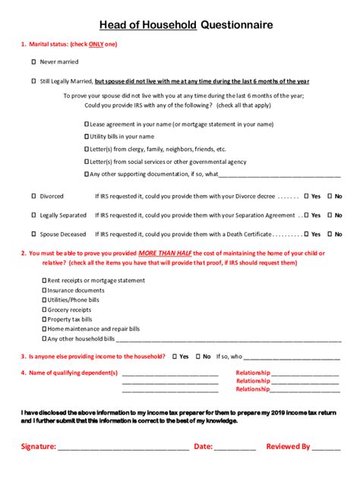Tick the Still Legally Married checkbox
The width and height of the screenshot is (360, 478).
coord(33,80)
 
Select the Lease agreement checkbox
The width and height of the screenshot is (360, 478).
coord(86,123)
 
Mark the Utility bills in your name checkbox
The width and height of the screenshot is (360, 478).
coord(86,136)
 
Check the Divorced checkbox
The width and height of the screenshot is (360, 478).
coord(33,195)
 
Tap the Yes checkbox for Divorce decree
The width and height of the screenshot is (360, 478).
coord(306,195)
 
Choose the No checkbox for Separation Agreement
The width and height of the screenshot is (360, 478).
coord(330,215)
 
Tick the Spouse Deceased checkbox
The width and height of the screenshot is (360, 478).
coord(33,234)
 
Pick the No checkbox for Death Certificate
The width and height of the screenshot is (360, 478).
coord(330,234)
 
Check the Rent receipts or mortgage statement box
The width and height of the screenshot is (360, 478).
coord(43,280)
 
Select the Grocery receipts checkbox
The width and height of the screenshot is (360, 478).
coord(43,310)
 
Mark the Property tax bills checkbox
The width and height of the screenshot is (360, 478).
coord(43,319)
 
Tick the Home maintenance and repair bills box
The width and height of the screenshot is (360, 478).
coord(43,329)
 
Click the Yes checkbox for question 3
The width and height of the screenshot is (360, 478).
coord(175,356)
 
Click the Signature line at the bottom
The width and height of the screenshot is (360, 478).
coord(123,448)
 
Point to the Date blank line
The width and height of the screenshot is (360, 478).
coord(235,448)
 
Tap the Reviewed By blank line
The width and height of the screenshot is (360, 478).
coord(327,448)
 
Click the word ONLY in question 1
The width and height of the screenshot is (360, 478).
coord(96,44)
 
